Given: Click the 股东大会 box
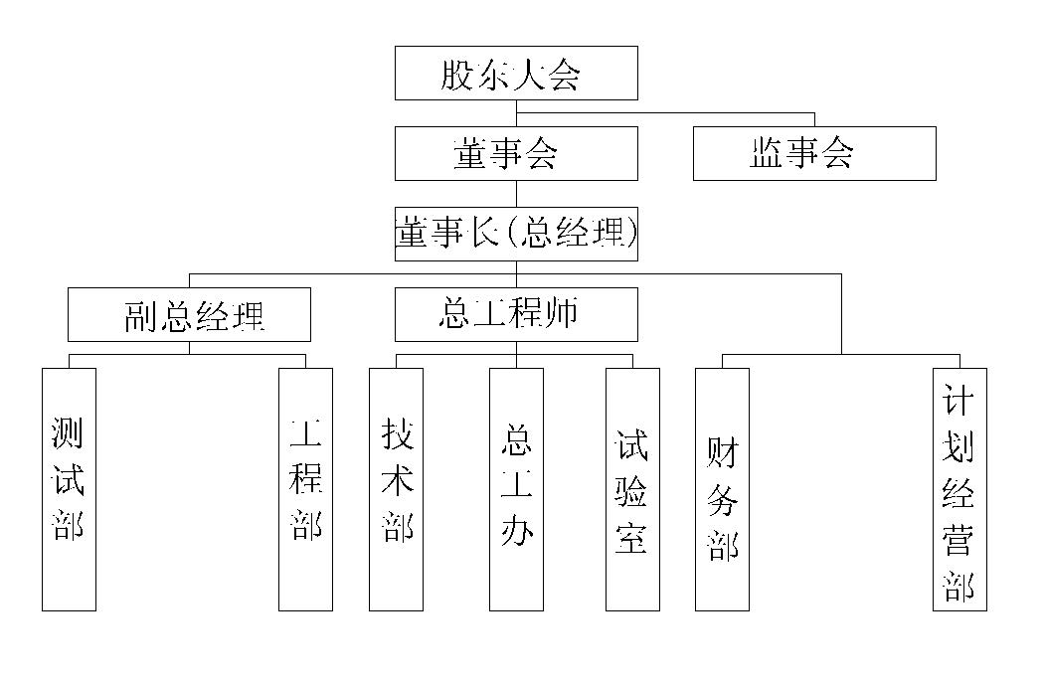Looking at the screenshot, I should point(516,73).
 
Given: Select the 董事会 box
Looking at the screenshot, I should point(516,153).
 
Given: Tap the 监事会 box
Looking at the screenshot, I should point(814,153).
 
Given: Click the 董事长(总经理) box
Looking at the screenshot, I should point(516,234).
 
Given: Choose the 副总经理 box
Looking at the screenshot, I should point(189,314).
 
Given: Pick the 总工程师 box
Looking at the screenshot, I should point(516,314).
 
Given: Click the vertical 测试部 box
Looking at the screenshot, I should point(69,489).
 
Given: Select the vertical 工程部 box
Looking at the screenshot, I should point(305,489).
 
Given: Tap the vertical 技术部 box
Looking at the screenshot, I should point(396,489).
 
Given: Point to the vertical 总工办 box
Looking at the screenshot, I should point(516,489).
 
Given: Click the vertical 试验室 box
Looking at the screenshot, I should point(632,489).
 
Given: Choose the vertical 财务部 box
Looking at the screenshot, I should point(722,489).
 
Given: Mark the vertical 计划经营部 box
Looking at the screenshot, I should point(959,489).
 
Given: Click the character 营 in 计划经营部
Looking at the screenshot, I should point(959,544).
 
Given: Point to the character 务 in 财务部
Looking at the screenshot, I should point(723,499).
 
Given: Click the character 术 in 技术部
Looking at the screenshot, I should point(397,482).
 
